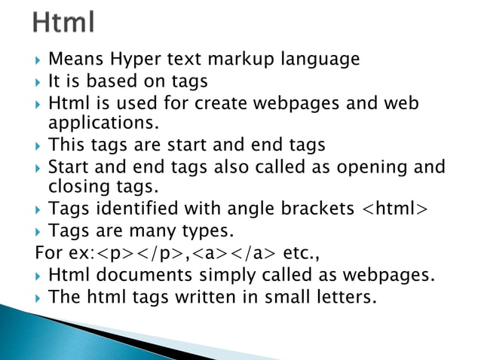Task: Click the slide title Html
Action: click(64, 23)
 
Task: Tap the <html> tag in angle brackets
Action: click(391, 207)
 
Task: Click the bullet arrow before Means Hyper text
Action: click(39, 59)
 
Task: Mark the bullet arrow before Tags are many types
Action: click(39, 230)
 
